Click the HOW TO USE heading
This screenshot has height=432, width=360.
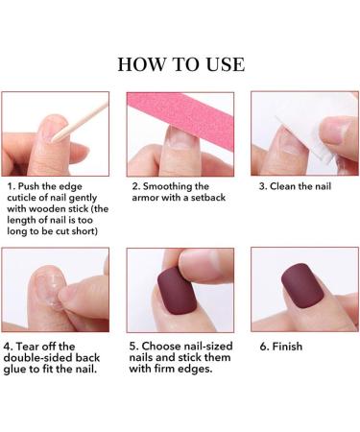click(x=180, y=64)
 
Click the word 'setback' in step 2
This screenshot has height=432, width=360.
click(x=211, y=197)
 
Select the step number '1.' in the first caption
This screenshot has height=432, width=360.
click(x=11, y=185)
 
